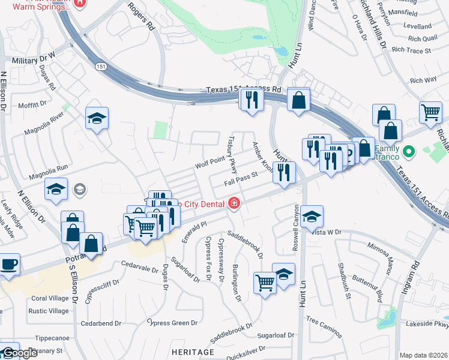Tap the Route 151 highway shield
tap(103, 67)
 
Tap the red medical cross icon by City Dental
tap(234, 204)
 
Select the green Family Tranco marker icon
tap(408, 151)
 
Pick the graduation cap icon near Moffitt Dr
tap(96, 118)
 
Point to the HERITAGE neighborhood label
tap(192, 351)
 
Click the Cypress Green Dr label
tap(172, 323)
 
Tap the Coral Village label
tap(50, 298)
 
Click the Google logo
tap(20, 353)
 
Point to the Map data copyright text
tap(423, 355)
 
